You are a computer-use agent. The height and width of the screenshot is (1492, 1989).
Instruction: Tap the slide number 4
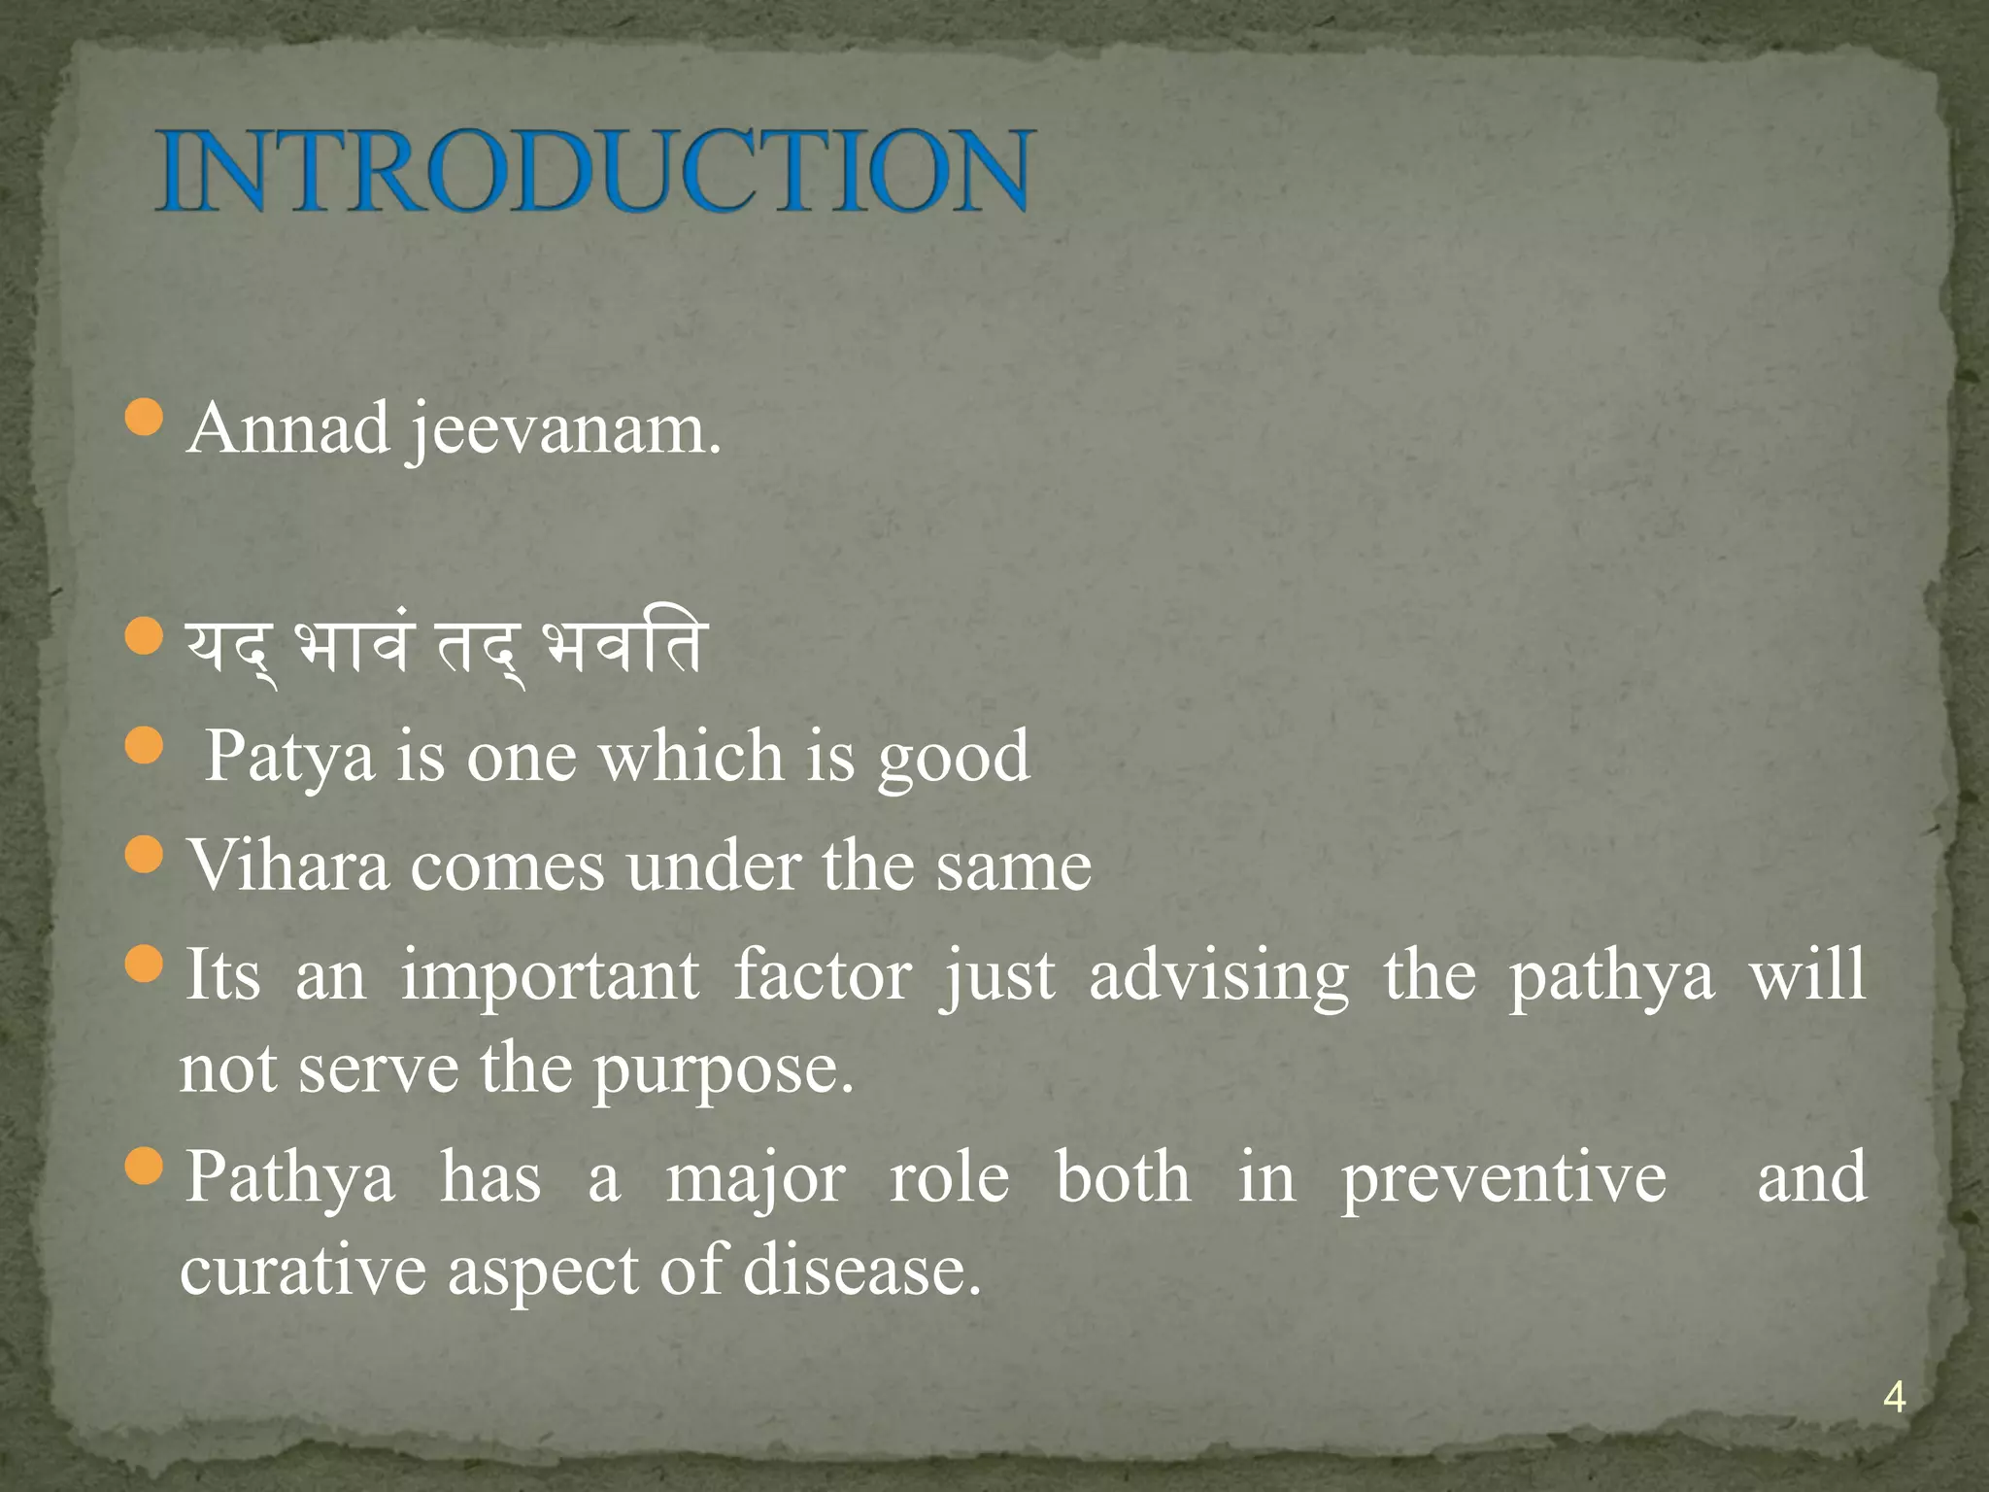(x=1893, y=1399)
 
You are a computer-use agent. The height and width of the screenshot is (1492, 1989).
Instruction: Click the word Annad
(x=288, y=428)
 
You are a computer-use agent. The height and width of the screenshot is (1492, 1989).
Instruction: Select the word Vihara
(x=288, y=865)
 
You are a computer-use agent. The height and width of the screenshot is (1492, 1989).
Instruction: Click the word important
(x=550, y=975)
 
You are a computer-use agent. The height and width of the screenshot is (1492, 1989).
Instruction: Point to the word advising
(x=1219, y=977)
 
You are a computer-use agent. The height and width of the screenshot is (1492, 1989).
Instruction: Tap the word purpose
(x=723, y=1070)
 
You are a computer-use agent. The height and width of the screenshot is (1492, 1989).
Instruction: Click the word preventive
(x=1504, y=1179)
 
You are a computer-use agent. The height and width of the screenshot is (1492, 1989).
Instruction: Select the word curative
(x=302, y=1271)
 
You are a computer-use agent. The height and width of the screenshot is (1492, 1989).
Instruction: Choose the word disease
(x=862, y=1271)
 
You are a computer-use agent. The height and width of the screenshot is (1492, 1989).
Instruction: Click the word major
(x=755, y=1179)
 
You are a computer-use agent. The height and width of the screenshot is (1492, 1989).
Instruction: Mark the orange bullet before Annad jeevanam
(x=144, y=417)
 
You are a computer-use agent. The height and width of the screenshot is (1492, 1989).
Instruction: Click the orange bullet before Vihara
(x=144, y=854)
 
